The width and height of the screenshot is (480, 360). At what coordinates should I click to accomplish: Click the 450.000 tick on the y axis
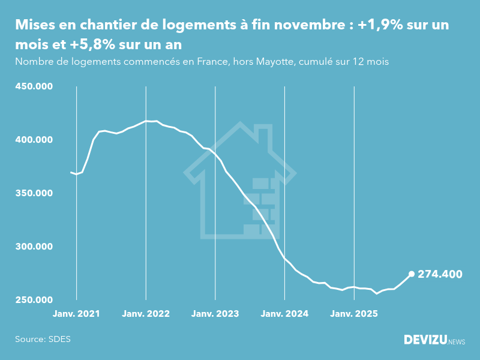click(34, 86)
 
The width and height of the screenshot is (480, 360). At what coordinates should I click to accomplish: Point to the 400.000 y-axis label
click(34, 140)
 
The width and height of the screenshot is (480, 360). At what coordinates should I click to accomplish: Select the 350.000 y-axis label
click(34, 193)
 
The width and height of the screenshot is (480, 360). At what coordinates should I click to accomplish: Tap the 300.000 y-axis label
click(34, 247)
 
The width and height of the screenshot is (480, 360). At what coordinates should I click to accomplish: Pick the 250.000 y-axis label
click(34, 300)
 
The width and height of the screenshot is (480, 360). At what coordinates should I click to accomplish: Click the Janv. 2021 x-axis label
click(76, 314)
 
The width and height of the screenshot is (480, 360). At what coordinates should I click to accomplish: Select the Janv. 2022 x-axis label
click(146, 314)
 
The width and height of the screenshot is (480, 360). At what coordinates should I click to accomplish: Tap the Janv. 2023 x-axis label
click(215, 314)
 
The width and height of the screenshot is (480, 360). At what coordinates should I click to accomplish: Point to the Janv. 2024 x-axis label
click(285, 314)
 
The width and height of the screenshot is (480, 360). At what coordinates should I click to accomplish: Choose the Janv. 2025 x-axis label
click(354, 314)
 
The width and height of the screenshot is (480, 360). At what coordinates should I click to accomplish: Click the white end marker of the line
click(412, 274)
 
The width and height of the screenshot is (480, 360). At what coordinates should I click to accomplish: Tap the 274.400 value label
click(440, 274)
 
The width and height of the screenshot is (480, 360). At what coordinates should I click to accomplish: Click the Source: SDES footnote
click(43, 339)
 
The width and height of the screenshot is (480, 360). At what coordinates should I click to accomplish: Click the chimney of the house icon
click(263, 134)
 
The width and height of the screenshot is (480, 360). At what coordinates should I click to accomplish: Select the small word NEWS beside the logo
click(457, 341)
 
